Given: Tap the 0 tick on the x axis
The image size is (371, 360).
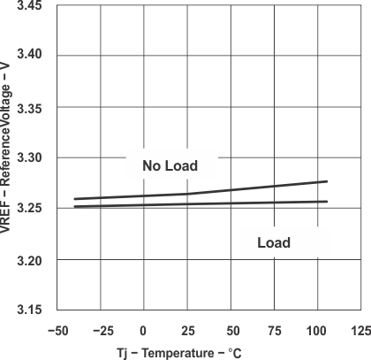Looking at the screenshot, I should click(144, 330).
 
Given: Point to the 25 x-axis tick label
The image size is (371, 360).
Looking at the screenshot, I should click(188, 330).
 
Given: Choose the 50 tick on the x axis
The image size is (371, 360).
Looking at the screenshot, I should click(233, 330).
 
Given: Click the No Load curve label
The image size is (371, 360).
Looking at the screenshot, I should click(169, 165).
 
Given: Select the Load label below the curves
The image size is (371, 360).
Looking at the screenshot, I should click(274, 242).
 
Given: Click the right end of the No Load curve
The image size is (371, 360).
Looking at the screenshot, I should click(327, 181).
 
